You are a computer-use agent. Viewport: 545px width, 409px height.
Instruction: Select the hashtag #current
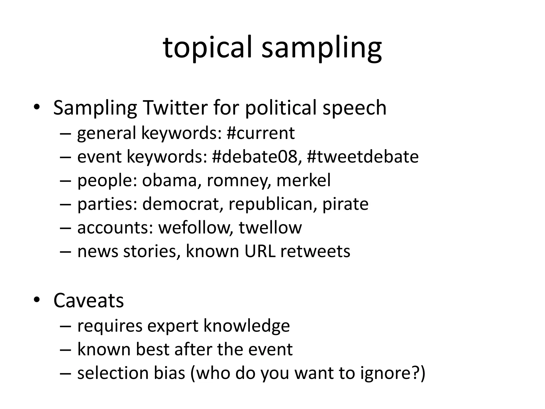pos(261,133)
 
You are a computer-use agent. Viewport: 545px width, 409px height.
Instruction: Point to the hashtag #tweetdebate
pos(362,157)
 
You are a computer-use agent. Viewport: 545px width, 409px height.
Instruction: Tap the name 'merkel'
pos(303,180)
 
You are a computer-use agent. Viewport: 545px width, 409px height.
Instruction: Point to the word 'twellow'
pos(270,227)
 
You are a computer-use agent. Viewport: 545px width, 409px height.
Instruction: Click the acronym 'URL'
pos(260,251)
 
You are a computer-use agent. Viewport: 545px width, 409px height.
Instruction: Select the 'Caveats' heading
pos(89,300)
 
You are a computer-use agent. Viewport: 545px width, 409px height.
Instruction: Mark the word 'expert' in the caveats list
pos(173,326)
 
